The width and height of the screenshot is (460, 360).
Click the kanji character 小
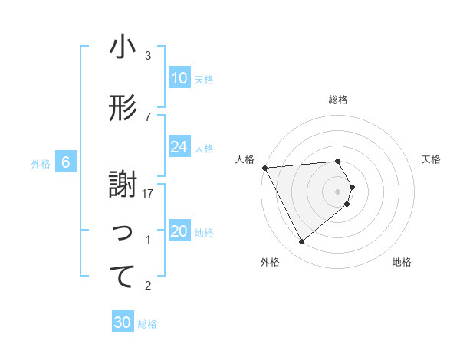(x=123, y=47)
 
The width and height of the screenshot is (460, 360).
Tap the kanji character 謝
(x=123, y=185)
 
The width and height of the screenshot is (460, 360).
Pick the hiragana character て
(x=123, y=277)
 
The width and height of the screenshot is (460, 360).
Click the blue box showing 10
(x=179, y=78)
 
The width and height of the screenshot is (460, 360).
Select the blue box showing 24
(x=179, y=147)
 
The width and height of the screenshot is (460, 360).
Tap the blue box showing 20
(x=179, y=232)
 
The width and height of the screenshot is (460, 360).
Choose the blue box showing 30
(x=123, y=322)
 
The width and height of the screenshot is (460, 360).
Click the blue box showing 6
(x=67, y=162)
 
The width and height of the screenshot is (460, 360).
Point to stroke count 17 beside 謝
(x=149, y=194)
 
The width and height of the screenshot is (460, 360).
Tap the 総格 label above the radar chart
(x=338, y=100)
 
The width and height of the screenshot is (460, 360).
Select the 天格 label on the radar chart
(x=432, y=159)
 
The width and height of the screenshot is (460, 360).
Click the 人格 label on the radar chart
(x=245, y=159)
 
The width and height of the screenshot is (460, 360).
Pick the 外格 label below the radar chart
(x=270, y=262)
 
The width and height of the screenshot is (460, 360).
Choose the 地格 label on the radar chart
(x=402, y=262)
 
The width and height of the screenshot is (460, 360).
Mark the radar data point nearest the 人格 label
(x=264, y=167)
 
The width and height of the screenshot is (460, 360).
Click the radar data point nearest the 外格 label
(x=301, y=242)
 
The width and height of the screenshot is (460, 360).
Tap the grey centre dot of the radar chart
(x=338, y=191)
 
